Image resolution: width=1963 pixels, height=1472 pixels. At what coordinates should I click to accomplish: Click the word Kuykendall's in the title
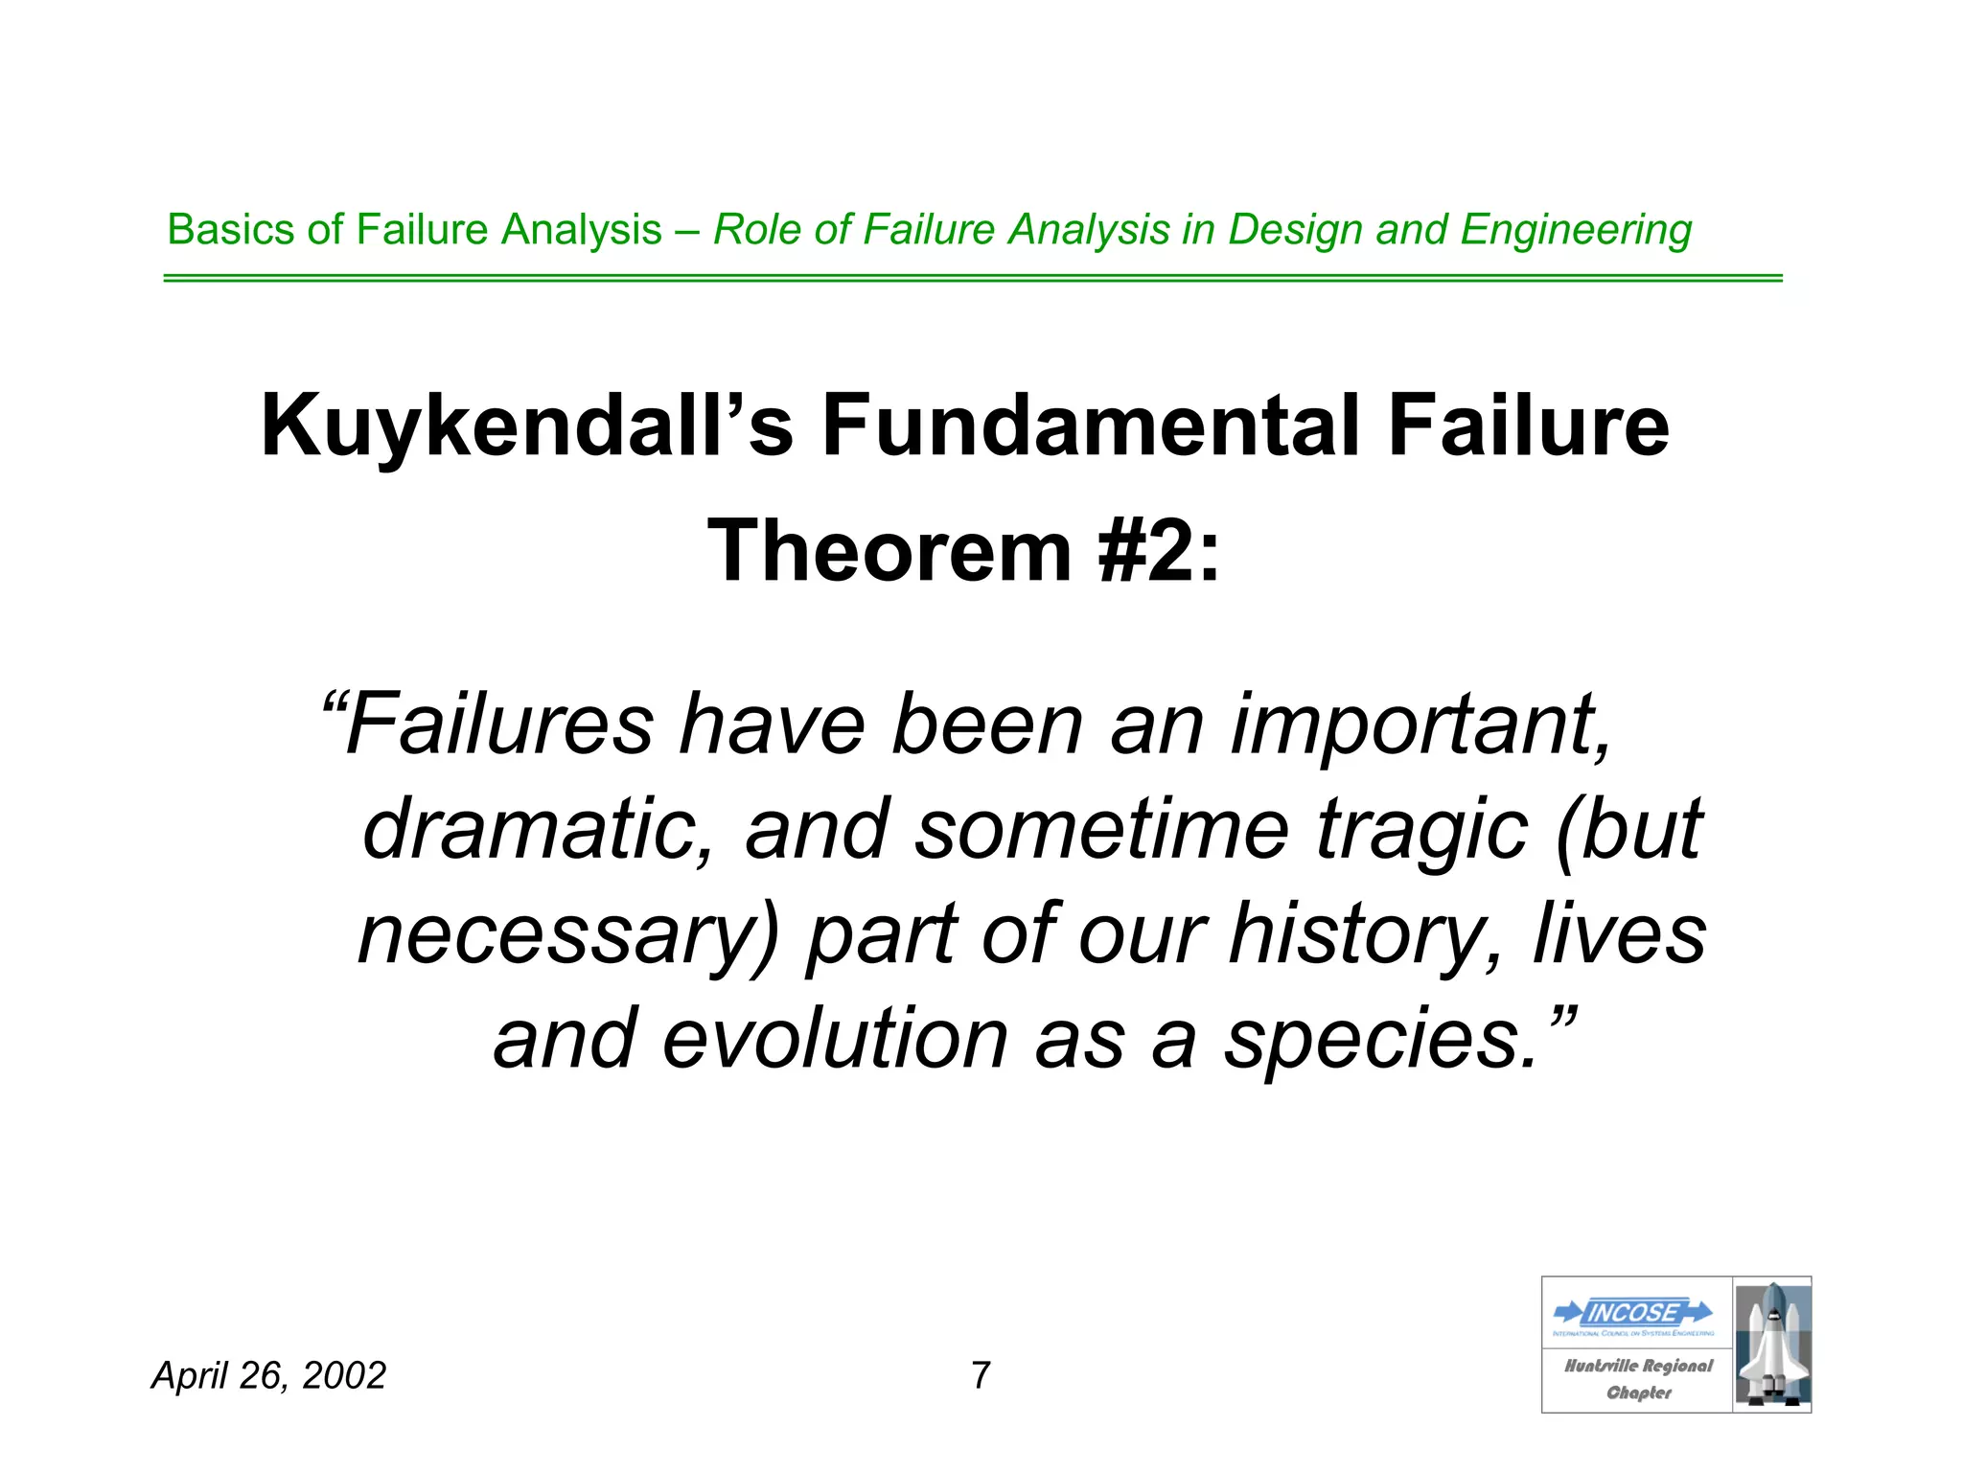coord(526,427)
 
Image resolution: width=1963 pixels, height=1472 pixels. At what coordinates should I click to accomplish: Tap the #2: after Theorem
coord(1160,552)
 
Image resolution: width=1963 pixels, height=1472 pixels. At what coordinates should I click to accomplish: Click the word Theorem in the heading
coord(889,552)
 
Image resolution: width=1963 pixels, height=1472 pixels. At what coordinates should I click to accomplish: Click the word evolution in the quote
coord(834,1039)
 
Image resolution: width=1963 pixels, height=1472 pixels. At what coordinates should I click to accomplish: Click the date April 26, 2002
coord(269,1375)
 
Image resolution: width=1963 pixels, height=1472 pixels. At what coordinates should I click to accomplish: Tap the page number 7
coord(981,1375)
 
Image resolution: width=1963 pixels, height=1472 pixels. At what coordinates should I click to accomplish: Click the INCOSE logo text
coord(1633,1312)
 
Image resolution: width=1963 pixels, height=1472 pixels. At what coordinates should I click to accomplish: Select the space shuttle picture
coord(1772,1345)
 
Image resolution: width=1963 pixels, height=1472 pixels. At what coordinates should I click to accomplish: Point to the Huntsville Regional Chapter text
coord(1638,1378)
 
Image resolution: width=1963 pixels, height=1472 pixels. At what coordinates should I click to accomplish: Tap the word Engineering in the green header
coord(1576,231)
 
